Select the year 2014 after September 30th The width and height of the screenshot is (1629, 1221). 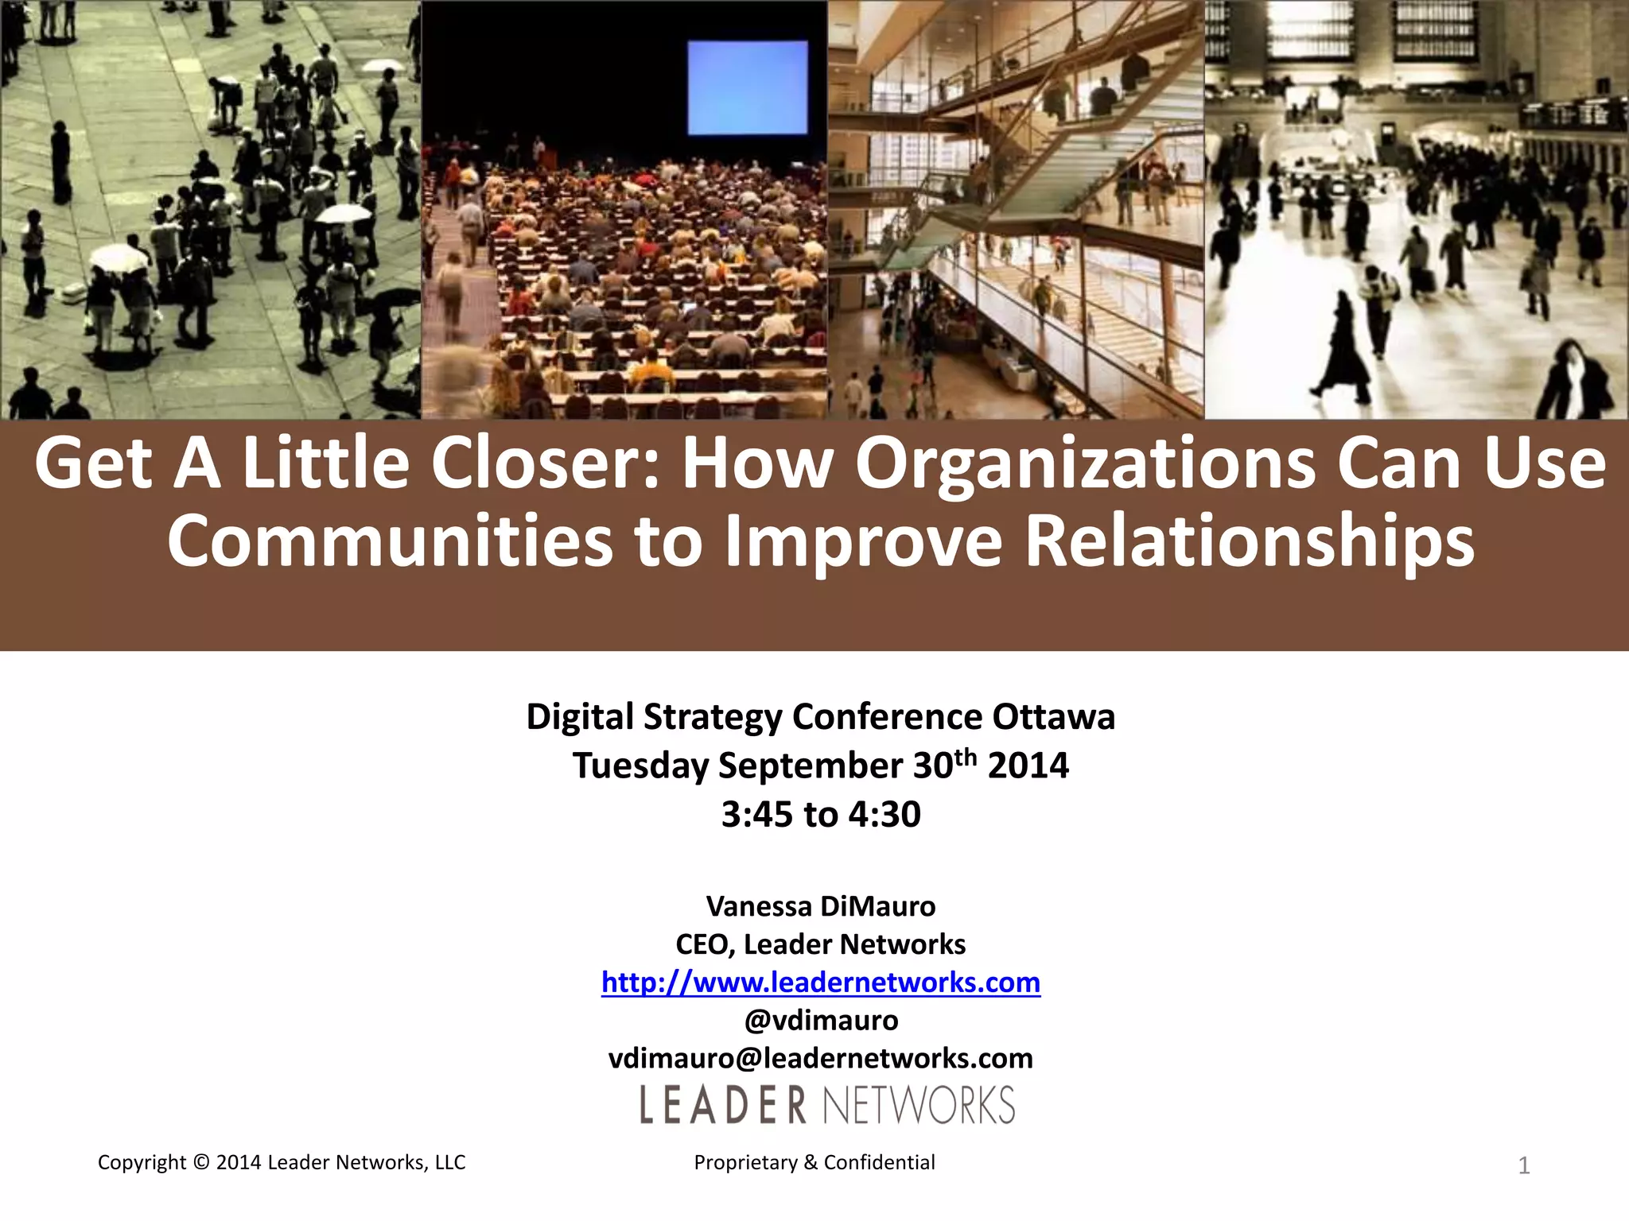[x=1028, y=766]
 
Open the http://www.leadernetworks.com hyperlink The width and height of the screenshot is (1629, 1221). [x=821, y=983]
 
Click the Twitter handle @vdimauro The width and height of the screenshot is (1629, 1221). [x=821, y=1020]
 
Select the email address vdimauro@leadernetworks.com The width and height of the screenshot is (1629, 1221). [x=821, y=1058]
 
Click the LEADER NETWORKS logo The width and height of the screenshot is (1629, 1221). [x=827, y=1105]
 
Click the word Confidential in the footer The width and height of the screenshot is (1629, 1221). [x=879, y=1162]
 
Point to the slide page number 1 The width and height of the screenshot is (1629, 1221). [x=1524, y=1165]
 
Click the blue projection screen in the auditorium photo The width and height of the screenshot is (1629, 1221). [x=747, y=87]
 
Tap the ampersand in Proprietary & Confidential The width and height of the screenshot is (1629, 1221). [x=811, y=1162]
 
